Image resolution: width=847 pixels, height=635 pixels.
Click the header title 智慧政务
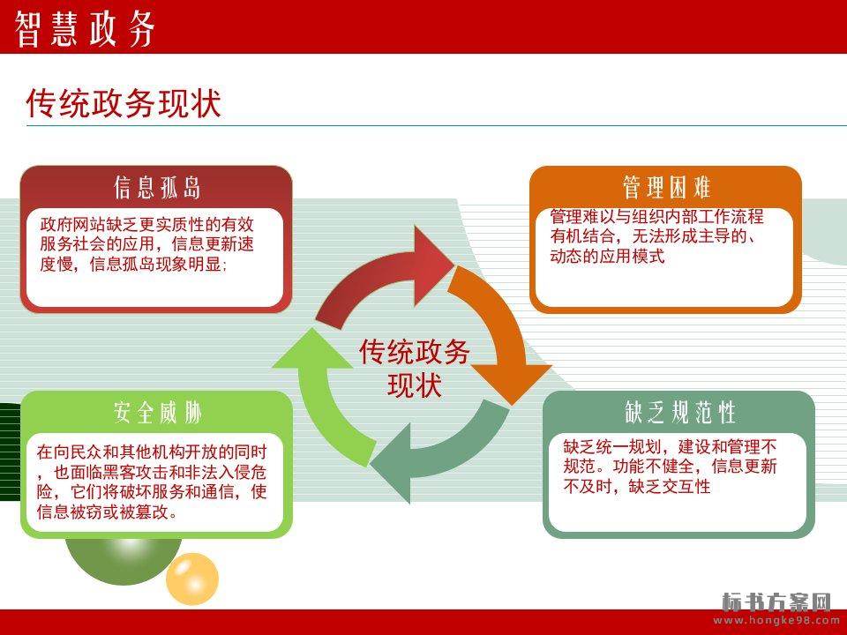(85, 28)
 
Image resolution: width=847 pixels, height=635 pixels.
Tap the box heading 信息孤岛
(157, 187)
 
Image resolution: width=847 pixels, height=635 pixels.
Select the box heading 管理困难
(666, 187)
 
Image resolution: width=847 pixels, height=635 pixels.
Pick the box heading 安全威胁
(157, 413)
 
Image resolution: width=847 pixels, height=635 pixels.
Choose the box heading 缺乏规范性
(680, 413)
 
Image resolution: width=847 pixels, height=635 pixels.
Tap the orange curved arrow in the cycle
(499, 335)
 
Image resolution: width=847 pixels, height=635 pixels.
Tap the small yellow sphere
(191, 579)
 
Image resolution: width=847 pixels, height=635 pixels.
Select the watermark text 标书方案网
(776, 601)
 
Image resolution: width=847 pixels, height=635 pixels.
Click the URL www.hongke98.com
(776, 620)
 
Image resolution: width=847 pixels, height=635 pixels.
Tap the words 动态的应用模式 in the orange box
(607, 256)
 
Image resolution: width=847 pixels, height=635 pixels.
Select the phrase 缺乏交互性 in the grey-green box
(670, 486)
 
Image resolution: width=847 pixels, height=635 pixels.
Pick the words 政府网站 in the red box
(72, 224)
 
